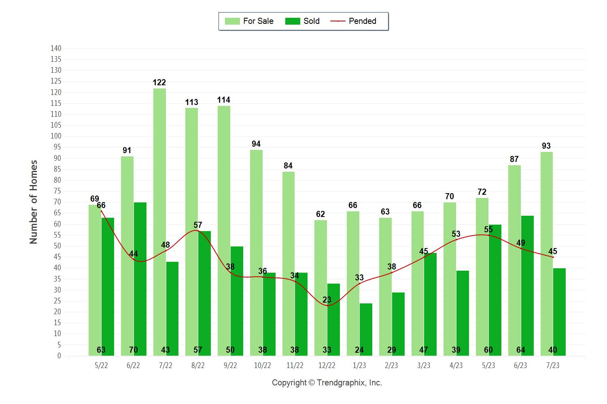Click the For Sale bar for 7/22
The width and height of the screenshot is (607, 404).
(x=159, y=222)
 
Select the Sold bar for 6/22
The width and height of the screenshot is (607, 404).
(x=140, y=279)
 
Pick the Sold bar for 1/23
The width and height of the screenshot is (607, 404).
(x=366, y=329)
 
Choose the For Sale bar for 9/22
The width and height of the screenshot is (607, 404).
(x=224, y=231)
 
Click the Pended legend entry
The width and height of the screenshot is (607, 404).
(x=354, y=21)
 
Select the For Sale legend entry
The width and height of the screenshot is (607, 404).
(x=249, y=21)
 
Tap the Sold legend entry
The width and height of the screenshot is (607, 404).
(x=302, y=21)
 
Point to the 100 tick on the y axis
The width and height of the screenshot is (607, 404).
(x=56, y=136)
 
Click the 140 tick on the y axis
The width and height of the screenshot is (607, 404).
(x=56, y=48)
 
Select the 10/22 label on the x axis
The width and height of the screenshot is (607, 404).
(x=263, y=365)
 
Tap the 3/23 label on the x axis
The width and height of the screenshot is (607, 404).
(x=424, y=365)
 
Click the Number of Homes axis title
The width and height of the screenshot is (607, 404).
(x=34, y=202)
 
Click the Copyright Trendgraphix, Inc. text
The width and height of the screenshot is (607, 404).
(x=327, y=383)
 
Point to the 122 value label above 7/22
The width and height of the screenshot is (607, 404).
(x=159, y=82)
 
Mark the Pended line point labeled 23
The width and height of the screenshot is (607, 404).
(x=327, y=305)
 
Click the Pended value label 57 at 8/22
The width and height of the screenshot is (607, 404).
(x=197, y=225)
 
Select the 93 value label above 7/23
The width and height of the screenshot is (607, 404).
(x=546, y=146)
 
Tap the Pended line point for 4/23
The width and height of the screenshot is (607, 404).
(x=456, y=240)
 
